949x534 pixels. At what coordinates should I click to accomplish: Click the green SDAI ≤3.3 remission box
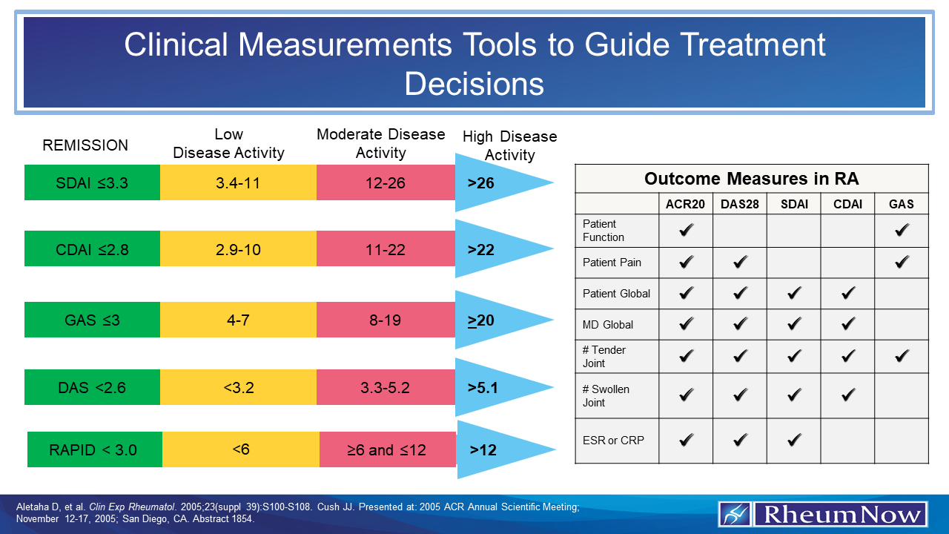(92, 182)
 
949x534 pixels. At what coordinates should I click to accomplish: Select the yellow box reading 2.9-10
(238, 249)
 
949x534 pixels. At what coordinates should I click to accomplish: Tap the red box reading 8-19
(386, 320)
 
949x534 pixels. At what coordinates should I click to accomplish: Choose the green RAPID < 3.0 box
(95, 449)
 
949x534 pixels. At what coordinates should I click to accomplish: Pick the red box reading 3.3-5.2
(386, 387)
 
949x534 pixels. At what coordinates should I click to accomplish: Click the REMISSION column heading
(85, 145)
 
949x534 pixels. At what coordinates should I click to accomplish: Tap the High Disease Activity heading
(509, 145)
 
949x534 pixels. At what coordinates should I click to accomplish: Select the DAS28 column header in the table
(740, 204)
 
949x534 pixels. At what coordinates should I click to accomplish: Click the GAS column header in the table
(901, 204)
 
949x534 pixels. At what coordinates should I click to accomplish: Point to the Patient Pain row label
(612, 262)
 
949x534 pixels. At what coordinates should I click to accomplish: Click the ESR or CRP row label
(613, 440)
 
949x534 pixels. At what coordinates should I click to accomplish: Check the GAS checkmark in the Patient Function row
(902, 231)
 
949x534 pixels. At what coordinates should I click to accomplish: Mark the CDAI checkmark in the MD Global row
(847, 324)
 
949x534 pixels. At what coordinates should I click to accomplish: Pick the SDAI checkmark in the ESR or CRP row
(794, 440)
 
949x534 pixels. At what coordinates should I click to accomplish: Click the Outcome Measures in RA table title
(751, 179)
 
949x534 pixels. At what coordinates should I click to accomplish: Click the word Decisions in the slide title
(474, 84)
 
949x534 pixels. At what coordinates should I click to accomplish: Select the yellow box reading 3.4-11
(238, 182)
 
